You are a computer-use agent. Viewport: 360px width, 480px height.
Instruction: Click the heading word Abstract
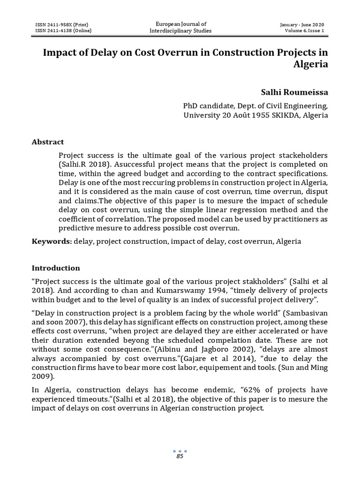(x=47, y=142)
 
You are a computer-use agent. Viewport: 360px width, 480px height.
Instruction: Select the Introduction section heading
(x=56, y=268)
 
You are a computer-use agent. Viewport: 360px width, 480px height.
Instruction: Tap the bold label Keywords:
(x=52, y=241)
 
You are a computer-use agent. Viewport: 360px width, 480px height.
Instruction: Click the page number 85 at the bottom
(x=180, y=457)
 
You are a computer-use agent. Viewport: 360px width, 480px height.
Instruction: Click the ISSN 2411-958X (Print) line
(x=62, y=24)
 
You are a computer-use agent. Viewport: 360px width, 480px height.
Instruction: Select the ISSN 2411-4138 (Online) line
(x=63, y=31)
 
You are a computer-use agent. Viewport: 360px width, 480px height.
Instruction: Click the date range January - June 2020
(x=302, y=24)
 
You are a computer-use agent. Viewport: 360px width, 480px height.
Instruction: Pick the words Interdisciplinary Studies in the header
(x=180, y=31)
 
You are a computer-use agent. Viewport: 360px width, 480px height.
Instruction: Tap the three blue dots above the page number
(x=180, y=451)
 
